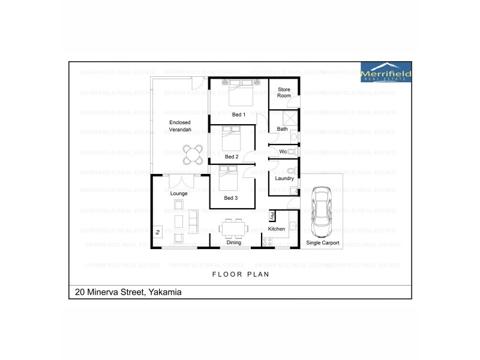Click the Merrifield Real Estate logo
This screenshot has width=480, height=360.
386,72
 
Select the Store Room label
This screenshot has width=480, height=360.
284,92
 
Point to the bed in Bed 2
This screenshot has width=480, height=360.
232,139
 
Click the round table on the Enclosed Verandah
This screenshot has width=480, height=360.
192,155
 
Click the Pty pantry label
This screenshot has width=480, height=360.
272,215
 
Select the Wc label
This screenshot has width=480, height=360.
283,151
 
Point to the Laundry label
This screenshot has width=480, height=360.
284,178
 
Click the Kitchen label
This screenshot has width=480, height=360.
277,229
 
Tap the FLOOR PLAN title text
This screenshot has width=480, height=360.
241,274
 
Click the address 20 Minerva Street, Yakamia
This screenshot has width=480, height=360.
128,292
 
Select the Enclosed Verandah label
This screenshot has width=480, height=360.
180,126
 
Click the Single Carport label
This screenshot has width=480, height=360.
323,243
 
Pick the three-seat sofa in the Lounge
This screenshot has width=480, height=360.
193,220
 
